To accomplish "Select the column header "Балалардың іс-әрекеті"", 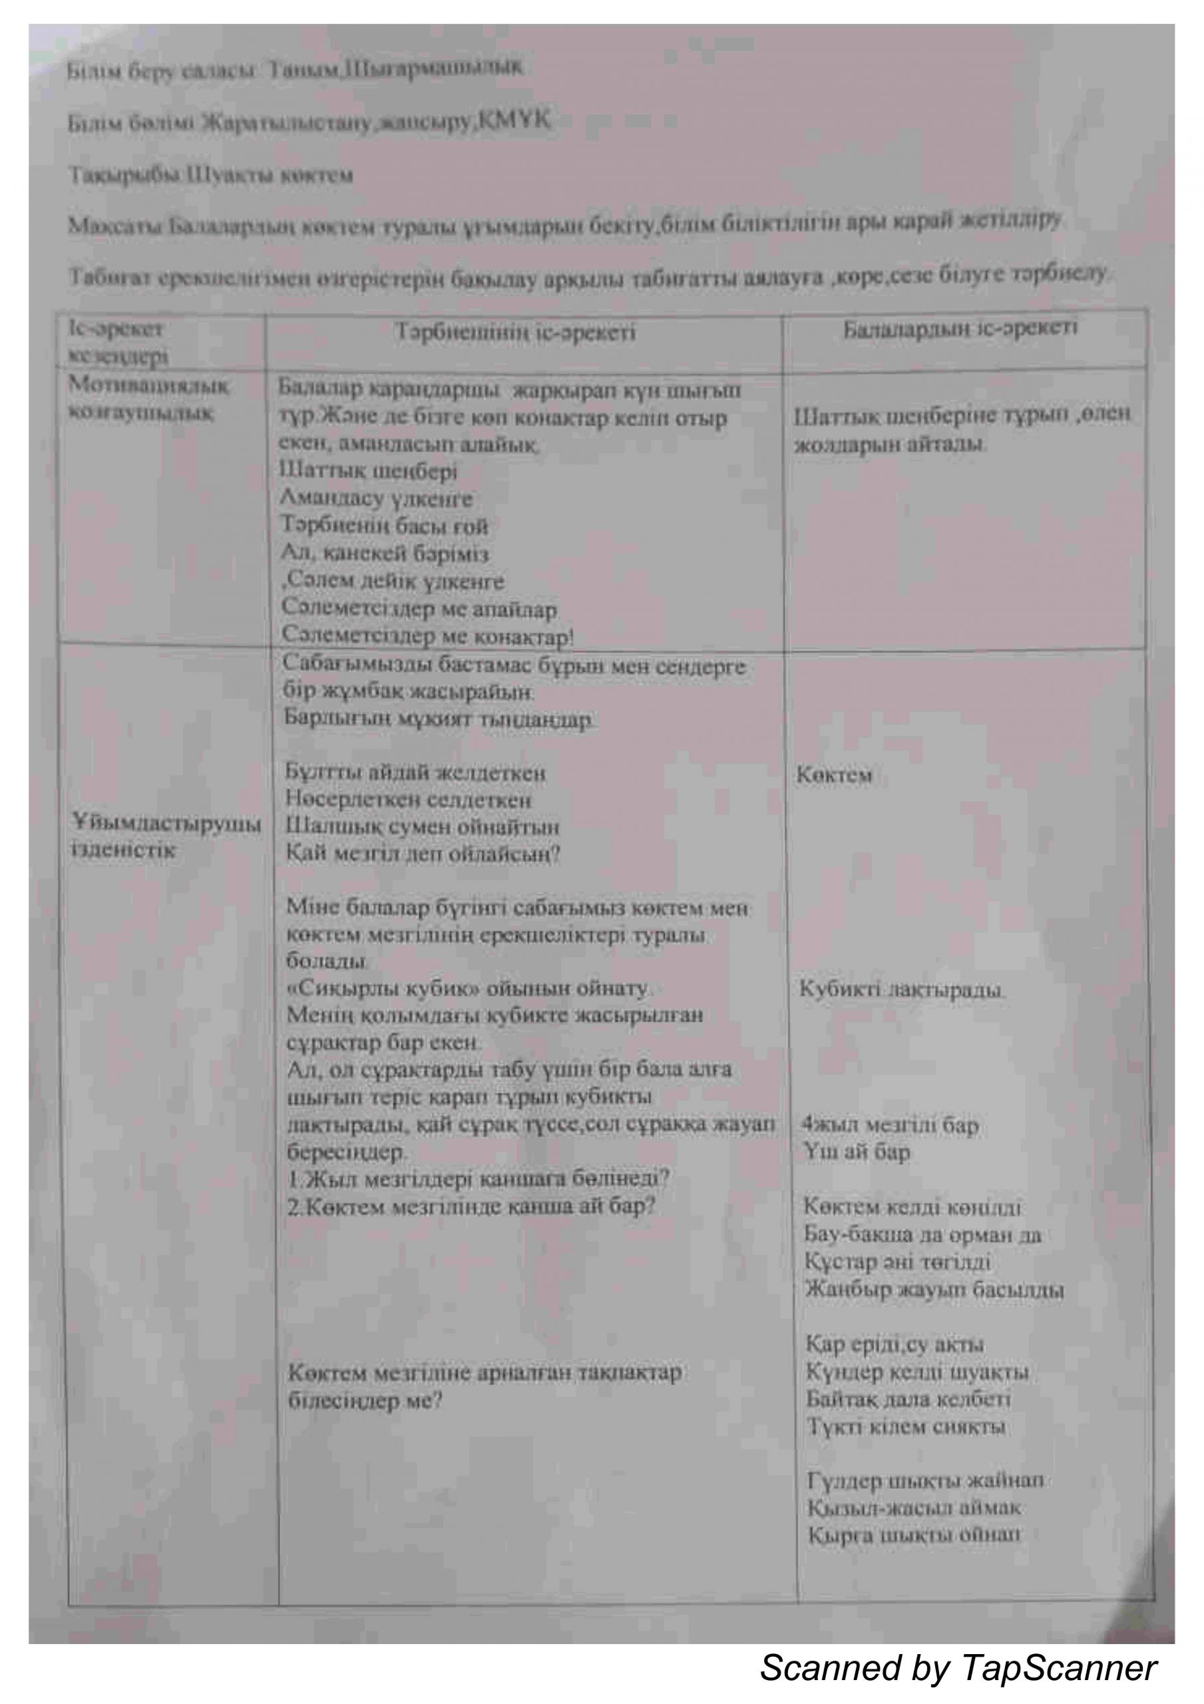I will tap(959, 329).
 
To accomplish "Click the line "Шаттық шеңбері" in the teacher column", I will tap(369, 471).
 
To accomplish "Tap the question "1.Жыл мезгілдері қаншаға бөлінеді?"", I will tap(479, 1177).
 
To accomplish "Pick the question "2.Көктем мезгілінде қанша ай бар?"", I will tap(471, 1206).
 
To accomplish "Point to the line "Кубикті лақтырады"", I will tap(901, 989).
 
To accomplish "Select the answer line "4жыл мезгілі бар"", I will tap(889, 1125).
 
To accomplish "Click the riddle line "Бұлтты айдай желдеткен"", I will tap(416, 773).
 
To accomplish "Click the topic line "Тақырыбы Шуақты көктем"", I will tap(211, 176).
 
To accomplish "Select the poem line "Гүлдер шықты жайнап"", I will tap(925, 1480).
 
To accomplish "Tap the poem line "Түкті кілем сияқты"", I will tap(906, 1426).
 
